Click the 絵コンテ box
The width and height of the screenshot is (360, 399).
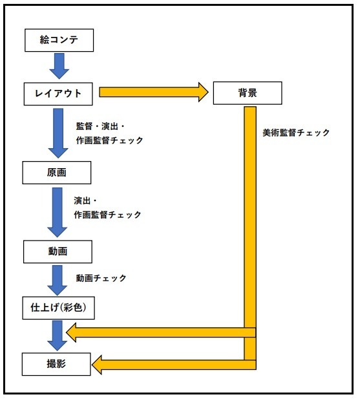(x=59, y=41)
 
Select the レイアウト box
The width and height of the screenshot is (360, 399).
(x=59, y=92)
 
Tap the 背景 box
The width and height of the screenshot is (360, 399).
(x=248, y=92)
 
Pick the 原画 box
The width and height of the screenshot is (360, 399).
(x=57, y=173)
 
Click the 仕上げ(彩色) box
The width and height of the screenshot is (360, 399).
(x=58, y=309)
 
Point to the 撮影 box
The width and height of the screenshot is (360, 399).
(x=57, y=365)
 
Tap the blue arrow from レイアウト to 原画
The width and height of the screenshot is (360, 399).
(x=59, y=132)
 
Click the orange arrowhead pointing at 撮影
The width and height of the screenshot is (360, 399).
(x=100, y=365)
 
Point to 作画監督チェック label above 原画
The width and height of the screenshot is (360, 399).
(x=109, y=140)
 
